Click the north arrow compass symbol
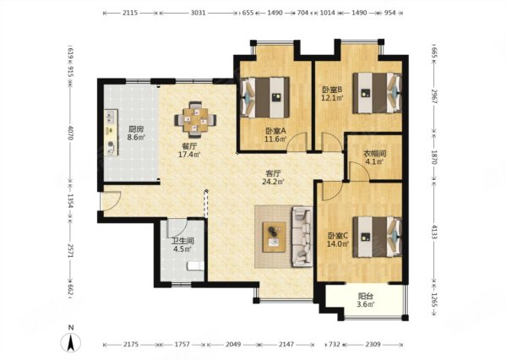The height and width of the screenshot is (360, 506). tap(71, 342)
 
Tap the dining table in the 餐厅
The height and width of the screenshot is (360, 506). tap(196, 120)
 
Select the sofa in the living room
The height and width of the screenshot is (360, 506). tap(302, 237)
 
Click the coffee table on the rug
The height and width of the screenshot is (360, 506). tap(274, 237)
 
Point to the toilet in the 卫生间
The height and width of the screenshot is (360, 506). tap(196, 266)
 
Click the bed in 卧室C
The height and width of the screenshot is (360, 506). tap(377, 237)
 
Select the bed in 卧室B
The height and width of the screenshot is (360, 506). tap(377, 93)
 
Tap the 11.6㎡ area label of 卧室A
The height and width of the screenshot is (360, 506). tap(275, 139)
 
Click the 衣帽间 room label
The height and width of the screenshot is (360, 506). tap(375, 154)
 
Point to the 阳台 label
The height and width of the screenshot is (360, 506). tap(366, 296)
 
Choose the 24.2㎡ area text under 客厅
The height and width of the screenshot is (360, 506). tap(273, 182)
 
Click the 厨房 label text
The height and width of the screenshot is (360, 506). tap(136, 129)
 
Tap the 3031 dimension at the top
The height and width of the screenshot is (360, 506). tap(198, 13)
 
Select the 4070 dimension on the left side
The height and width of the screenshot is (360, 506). tap(71, 133)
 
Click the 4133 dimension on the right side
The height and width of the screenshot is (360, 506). tap(433, 232)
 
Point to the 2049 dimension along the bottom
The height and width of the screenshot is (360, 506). tap(233, 345)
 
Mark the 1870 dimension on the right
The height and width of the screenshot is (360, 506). tap(433, 157)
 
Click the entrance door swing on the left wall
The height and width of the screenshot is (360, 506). tap(111, 201)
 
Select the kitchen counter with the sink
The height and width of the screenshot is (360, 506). tap(111, 133)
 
